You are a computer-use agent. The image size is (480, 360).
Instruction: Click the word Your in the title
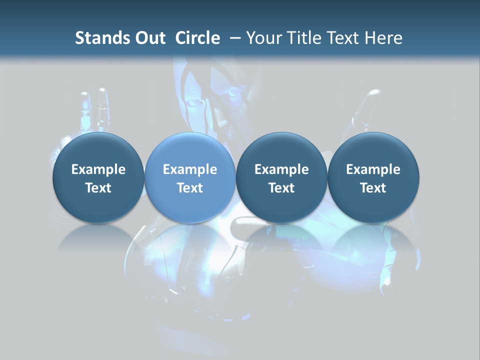pyautogui.click(x=263, y=38)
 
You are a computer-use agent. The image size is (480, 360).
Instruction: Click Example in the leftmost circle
pyautogui.click(x=98, y=169)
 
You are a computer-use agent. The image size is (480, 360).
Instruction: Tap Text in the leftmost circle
pyautogui.click(x=98, y=188)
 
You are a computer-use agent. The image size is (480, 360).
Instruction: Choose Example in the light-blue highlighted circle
pyautogui.click(x=190, y=169)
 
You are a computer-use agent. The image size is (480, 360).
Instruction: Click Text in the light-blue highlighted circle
pyautogui.click(x=190, y=188)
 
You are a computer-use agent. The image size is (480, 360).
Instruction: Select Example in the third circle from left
pyautogui.click(x=281, y=169)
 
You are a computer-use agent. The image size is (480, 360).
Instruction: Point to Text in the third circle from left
pyautogui.click(x=281, y=188)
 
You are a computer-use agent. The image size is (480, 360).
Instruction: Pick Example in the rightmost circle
pyautogui.click(x=373, y=169)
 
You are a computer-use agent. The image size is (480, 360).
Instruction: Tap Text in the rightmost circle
pyautogui.click(x=373, y=188)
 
